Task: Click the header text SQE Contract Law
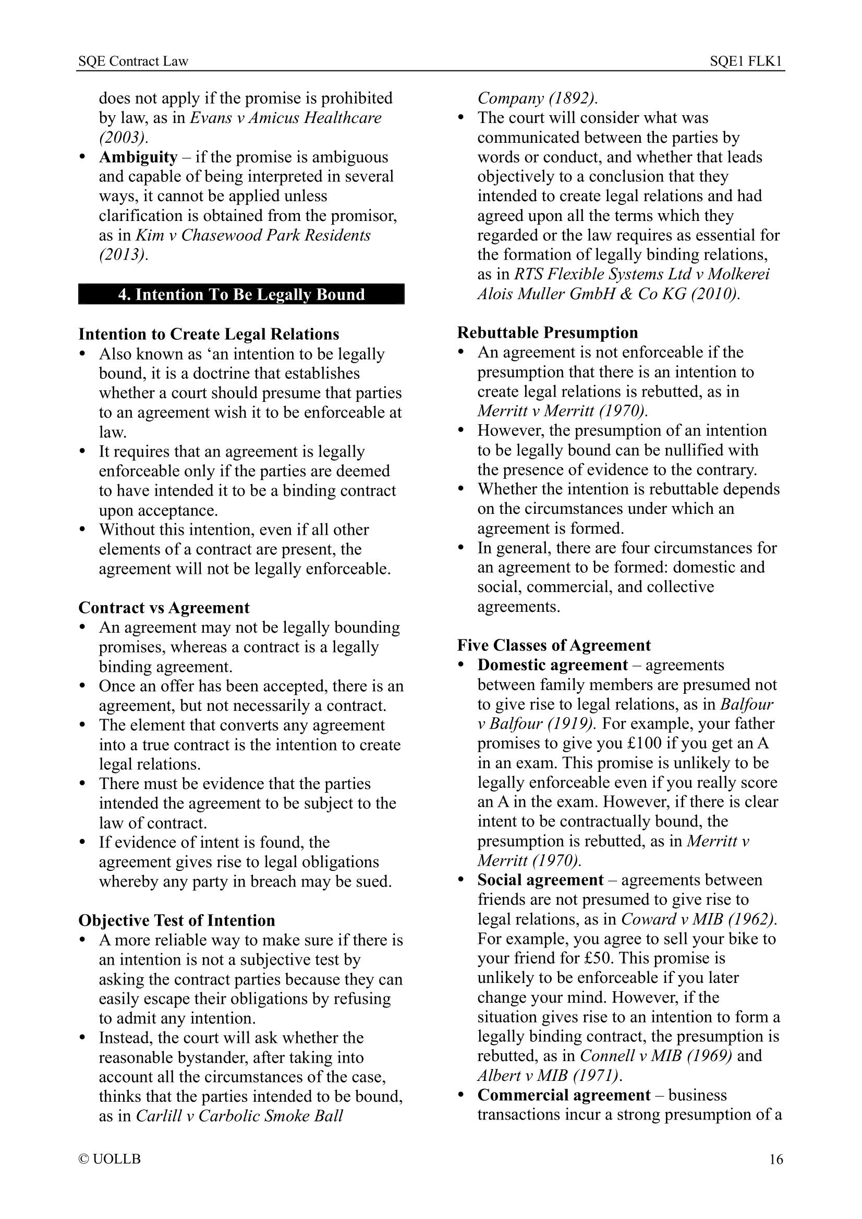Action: point(133,61)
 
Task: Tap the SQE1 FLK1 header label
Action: point(746,61)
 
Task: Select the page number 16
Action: point(776,1159)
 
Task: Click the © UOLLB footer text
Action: point(110,1159)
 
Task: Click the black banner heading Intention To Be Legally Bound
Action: point(241,294)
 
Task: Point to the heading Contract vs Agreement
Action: point(164,607)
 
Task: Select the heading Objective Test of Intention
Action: point(176,920)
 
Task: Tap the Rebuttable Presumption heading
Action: point(547,333)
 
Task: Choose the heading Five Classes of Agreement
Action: point(553,645)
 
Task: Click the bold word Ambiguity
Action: point(138,157)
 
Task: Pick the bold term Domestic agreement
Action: point(552,665)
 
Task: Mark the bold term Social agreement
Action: point(540,880)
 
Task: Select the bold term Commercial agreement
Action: point(564,1095)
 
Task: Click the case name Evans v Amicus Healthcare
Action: point(285,118)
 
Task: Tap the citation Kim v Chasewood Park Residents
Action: point(253,235)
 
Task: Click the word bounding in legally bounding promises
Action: point(367,627)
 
